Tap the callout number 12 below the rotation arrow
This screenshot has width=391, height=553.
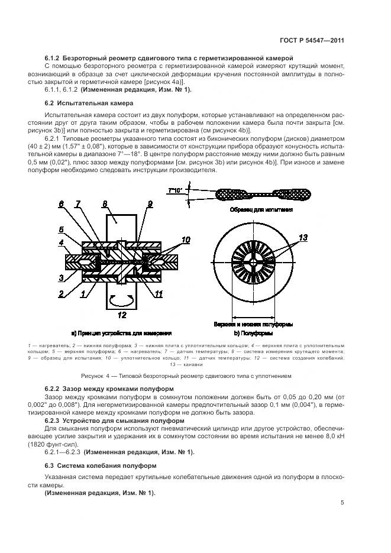[x=121, y=315]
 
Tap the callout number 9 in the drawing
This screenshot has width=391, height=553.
[x=150, y=205]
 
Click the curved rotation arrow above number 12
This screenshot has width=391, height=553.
[x=122, y=299]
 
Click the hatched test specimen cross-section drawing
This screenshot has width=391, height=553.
[x=260, y=193]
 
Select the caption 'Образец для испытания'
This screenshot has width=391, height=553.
[x=260, y=210]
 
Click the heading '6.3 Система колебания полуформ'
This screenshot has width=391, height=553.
[x=101, y=465]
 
